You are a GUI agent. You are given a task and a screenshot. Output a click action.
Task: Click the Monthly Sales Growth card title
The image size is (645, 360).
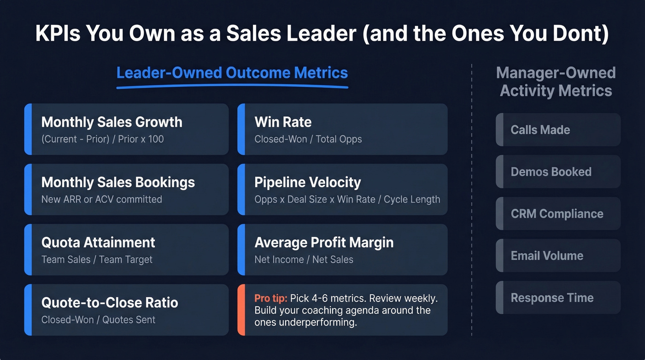(111, 122)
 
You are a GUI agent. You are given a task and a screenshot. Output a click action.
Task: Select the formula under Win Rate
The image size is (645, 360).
(308, 139)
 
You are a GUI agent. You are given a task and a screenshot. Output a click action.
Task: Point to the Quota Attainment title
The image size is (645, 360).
(98, 242)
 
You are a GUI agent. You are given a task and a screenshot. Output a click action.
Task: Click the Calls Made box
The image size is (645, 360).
(558, 130)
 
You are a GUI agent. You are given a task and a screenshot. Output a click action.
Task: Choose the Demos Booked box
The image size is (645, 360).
(558, 172)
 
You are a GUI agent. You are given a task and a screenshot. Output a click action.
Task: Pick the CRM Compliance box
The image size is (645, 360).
(558, 214)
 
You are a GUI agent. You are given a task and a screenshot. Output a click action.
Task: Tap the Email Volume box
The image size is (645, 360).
(558, 256)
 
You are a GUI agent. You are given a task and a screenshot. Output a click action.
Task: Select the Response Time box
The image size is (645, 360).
(558, 298)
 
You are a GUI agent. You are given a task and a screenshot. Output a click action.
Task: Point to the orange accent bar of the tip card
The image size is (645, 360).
(241, 310)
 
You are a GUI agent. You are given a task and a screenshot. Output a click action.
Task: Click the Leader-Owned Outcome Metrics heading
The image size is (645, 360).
(232, 73)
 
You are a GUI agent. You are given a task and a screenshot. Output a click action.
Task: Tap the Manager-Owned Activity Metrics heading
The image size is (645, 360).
(556, 82)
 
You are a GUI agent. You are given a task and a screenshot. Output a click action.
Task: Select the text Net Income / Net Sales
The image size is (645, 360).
(304, 260)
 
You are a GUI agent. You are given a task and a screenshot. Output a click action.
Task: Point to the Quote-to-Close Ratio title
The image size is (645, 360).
(110, 303)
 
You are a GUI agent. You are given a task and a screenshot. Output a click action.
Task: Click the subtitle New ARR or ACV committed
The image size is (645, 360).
(101, 199)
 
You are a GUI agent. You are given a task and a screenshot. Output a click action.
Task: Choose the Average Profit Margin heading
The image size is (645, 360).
(324, 242)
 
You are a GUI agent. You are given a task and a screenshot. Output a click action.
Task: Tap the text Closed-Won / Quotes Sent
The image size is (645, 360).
(98, 319)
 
